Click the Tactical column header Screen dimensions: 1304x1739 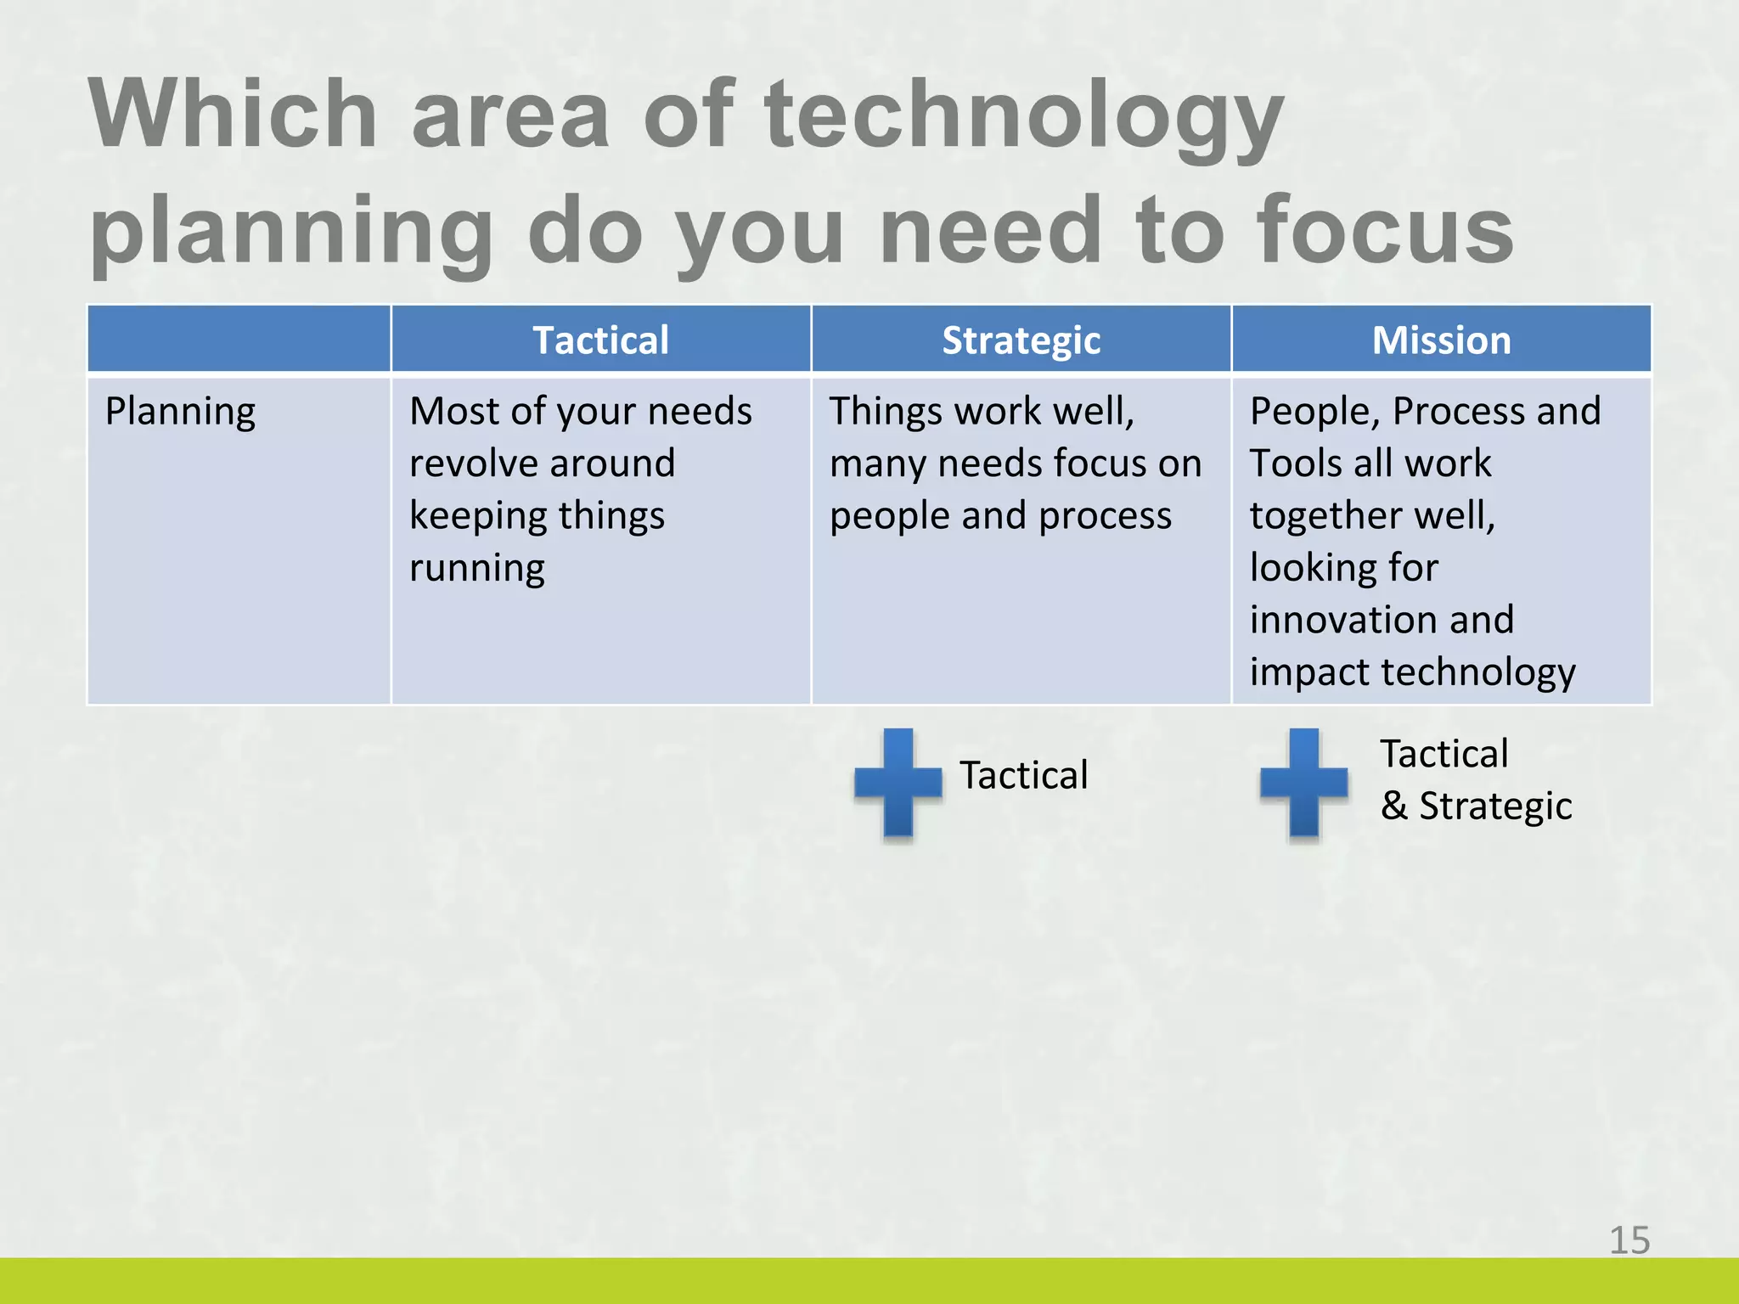point(600,340)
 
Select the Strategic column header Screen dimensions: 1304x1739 point(1021,340)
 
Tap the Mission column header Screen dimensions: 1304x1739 point(1441,340)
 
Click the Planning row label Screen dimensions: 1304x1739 point(180,412)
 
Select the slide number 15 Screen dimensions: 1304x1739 point(1629,1240)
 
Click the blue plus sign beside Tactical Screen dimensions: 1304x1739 point(898,783)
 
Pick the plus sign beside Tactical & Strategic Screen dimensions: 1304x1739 point(1303,783)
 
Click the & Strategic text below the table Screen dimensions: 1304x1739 point(1476,806)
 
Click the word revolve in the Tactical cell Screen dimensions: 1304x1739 point(470,464)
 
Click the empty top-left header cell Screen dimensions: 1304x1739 point(239,339)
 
